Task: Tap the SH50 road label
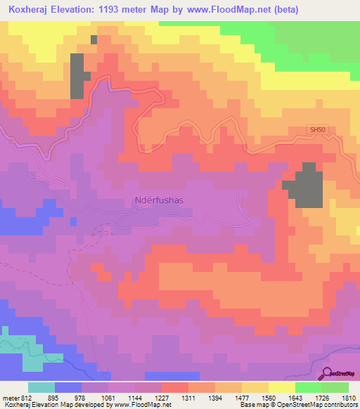pyautogui.click(x=318, y=130)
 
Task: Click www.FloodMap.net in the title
pyautogui.click(x=235, y=10)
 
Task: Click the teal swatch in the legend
pyautogui.click(x=41, y=387)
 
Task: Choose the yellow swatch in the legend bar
pyautogui.click(x=281, y=387)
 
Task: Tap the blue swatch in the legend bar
pyautogui.click(x=68, y=387)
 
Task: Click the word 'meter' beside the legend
pyautogui.click(x=10, y=398)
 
